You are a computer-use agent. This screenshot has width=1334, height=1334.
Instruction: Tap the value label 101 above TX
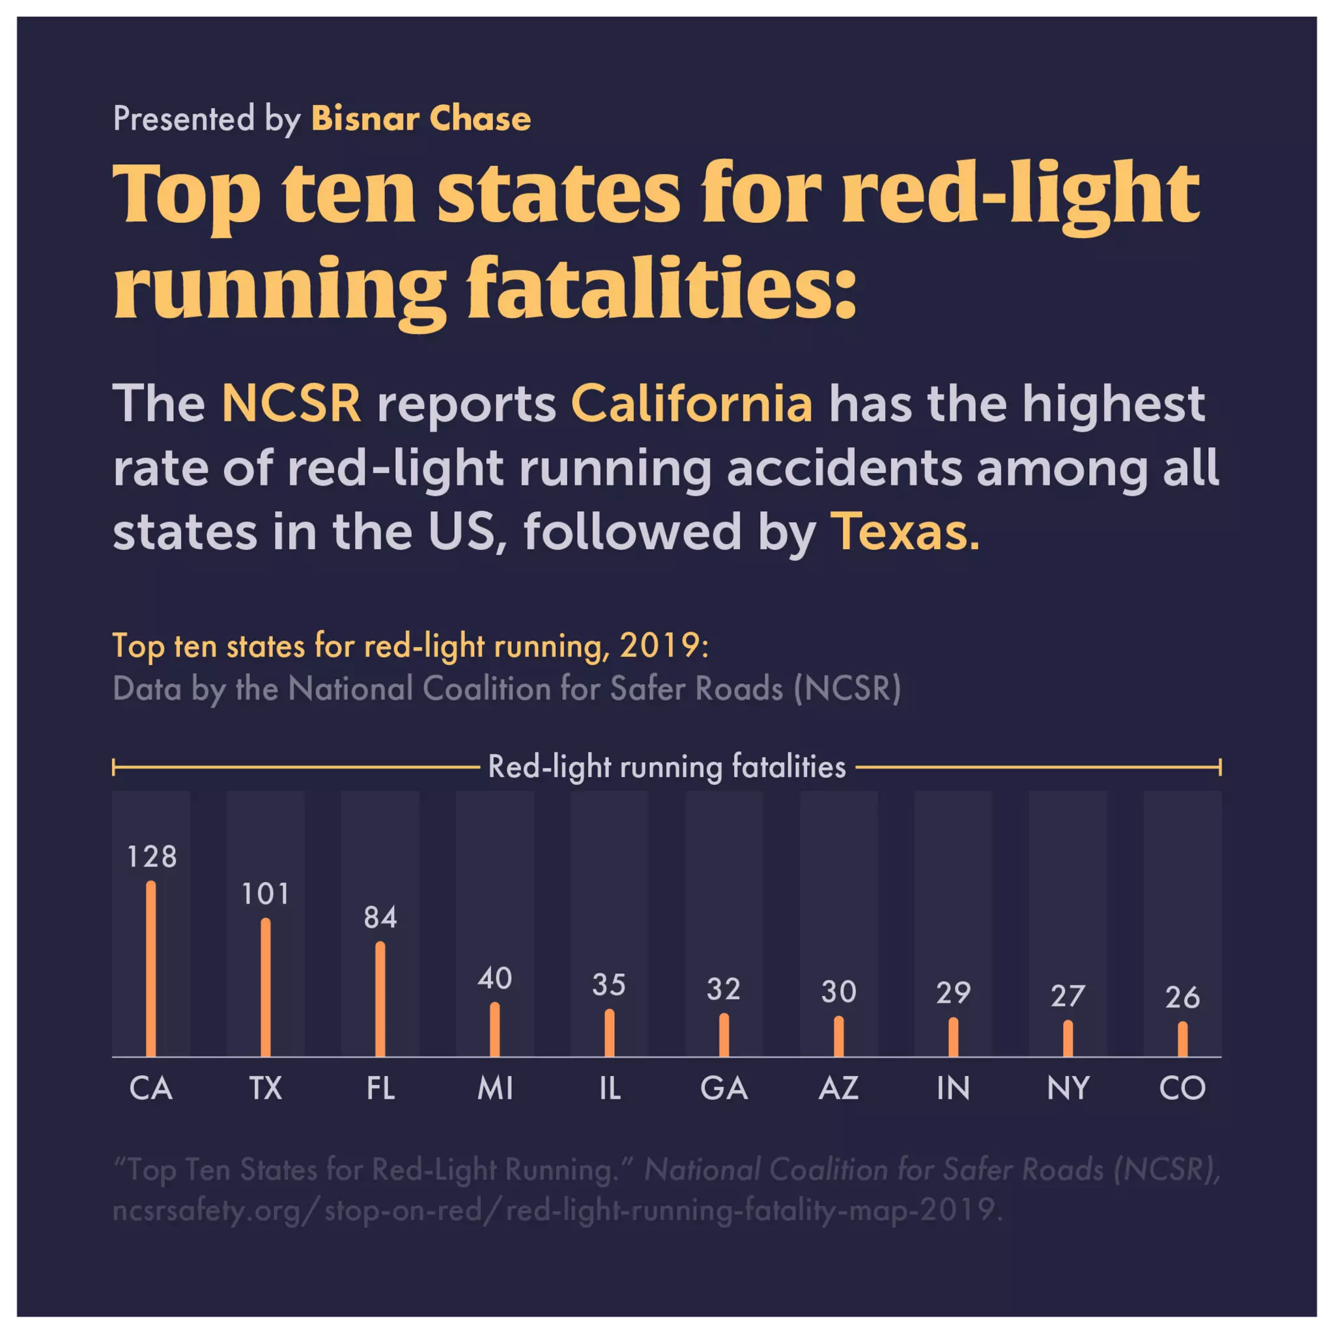click(x=265, y=894)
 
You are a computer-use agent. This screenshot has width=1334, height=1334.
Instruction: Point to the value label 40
click(x=494, y=978)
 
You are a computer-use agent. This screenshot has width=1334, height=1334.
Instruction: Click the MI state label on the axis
click(x=494, y=1089)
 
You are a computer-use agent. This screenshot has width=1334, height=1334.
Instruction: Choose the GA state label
click(x=724, y=1089)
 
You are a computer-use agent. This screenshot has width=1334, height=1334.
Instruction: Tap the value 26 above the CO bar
click(x=1182, y=997)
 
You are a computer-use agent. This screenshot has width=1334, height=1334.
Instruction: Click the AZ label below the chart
click(x=838, y=1089)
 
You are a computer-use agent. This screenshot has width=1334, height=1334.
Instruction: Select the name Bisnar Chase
click(x=421, y=119)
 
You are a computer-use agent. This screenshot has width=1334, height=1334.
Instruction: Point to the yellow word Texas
click(x=904, y=532)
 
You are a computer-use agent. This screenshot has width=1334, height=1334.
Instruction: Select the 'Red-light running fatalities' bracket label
click(x=666, y=767)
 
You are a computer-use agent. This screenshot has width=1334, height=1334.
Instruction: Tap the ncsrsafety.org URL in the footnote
click(x=556, y=1209)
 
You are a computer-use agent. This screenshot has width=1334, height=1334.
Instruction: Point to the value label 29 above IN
click(x=953, y=993)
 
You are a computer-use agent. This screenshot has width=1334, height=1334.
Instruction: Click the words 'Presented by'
click(x=206, y=119)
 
